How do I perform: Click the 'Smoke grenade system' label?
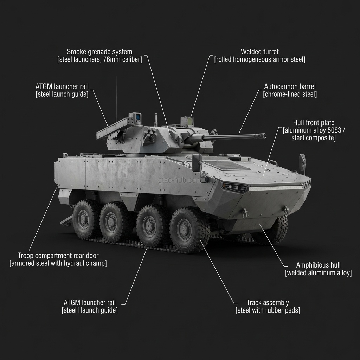[x=99, y=52]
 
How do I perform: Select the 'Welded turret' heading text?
[x=259, y=52]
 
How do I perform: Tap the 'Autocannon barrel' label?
[x=290, y=86]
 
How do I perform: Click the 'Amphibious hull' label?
[x=318, y=265]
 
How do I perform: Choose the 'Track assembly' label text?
[x=268, y=302]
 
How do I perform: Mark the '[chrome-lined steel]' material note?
[x=290, y=94]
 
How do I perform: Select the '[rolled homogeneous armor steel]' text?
[x=259, y=59]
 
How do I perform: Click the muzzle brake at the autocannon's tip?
[x=262, y=136]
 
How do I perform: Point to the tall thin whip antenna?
[x=116, y=98]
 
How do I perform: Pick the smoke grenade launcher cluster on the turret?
[x=150, y=134]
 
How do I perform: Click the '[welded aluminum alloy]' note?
[x=318, y=273]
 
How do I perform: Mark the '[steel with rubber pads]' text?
[x=268, y=310]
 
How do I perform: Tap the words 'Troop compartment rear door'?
[x=58, y=256]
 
